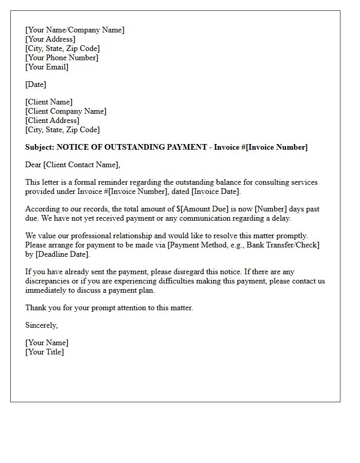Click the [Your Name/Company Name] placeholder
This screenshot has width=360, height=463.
(x=75, y=30)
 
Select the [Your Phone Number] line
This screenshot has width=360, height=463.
(x=62, y=58)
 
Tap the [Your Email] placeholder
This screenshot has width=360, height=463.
(x=47, y=67)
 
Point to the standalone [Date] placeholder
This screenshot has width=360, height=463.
(x=35, y=84)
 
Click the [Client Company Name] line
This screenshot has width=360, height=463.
(x=66, y=111)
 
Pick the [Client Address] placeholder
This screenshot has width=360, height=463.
(x=52, y=120)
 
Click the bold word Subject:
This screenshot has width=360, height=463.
(x=40, y=147)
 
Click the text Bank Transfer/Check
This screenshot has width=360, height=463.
(x=282, y=245)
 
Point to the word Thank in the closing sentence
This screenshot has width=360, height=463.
(x=35, y=308)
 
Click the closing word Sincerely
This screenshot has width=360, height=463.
(x=41, y=325)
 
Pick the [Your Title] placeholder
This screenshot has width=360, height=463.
(x=45, y=352)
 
